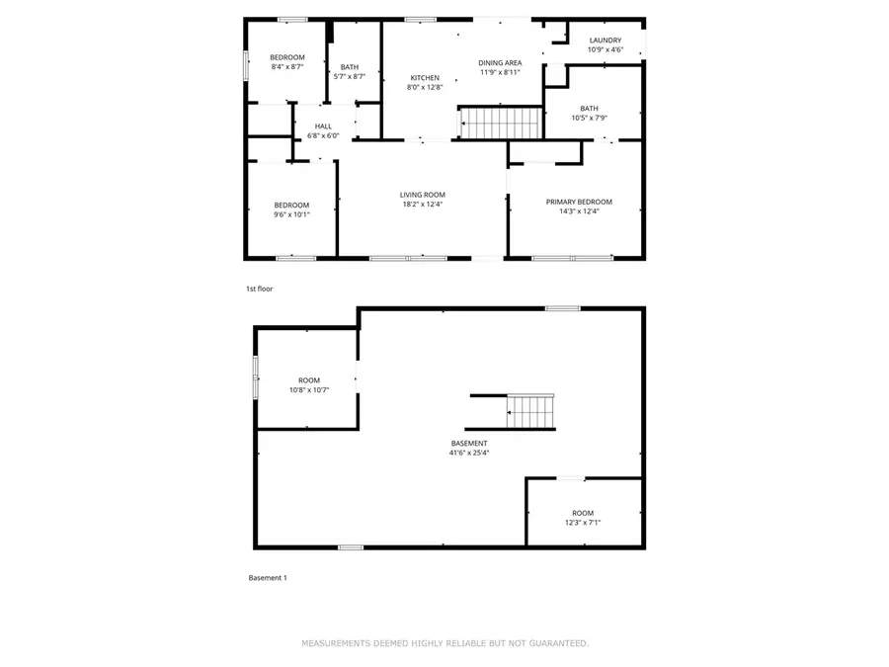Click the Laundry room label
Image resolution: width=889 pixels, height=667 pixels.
[606, 41]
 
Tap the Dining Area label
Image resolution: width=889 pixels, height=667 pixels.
[500, 62]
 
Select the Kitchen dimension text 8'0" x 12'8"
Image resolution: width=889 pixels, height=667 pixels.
[425, 87]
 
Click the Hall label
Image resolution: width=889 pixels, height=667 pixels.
[323, 126]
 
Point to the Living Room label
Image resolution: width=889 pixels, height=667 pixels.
[422, 195]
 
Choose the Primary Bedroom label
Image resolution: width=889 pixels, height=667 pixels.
[579, 202]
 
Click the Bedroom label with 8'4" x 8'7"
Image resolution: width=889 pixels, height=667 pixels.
[287, 57]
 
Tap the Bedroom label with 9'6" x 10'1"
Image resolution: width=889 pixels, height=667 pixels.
[291, 206]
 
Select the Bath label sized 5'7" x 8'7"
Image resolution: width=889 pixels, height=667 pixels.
[350, 67]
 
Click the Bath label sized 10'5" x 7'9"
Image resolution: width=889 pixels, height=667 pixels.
[589, 109]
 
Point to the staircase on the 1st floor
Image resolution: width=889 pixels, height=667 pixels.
[502, 124]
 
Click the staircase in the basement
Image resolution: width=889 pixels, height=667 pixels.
[530, 411]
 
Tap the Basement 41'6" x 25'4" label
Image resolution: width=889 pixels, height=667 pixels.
[469, 444]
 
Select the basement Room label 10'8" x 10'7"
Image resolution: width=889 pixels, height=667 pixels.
[309, 380]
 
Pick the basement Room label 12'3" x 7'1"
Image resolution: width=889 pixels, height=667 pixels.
[583, 513]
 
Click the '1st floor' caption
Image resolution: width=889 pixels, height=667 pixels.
[259, 289]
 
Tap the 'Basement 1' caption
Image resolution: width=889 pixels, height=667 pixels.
[267, 578]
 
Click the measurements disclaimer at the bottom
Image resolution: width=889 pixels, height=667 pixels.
[444, 643]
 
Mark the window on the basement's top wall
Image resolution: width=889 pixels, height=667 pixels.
[563, 308]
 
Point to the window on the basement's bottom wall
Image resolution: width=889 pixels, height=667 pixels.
[350, 546]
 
